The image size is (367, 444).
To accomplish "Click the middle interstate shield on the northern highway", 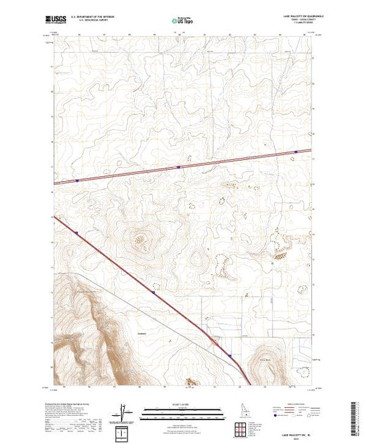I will coord(179,167).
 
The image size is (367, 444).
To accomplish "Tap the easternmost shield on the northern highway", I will coord(295,160).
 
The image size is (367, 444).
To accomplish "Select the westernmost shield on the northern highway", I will coord(76,180).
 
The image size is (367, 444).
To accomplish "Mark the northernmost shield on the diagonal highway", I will coord(77,229).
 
